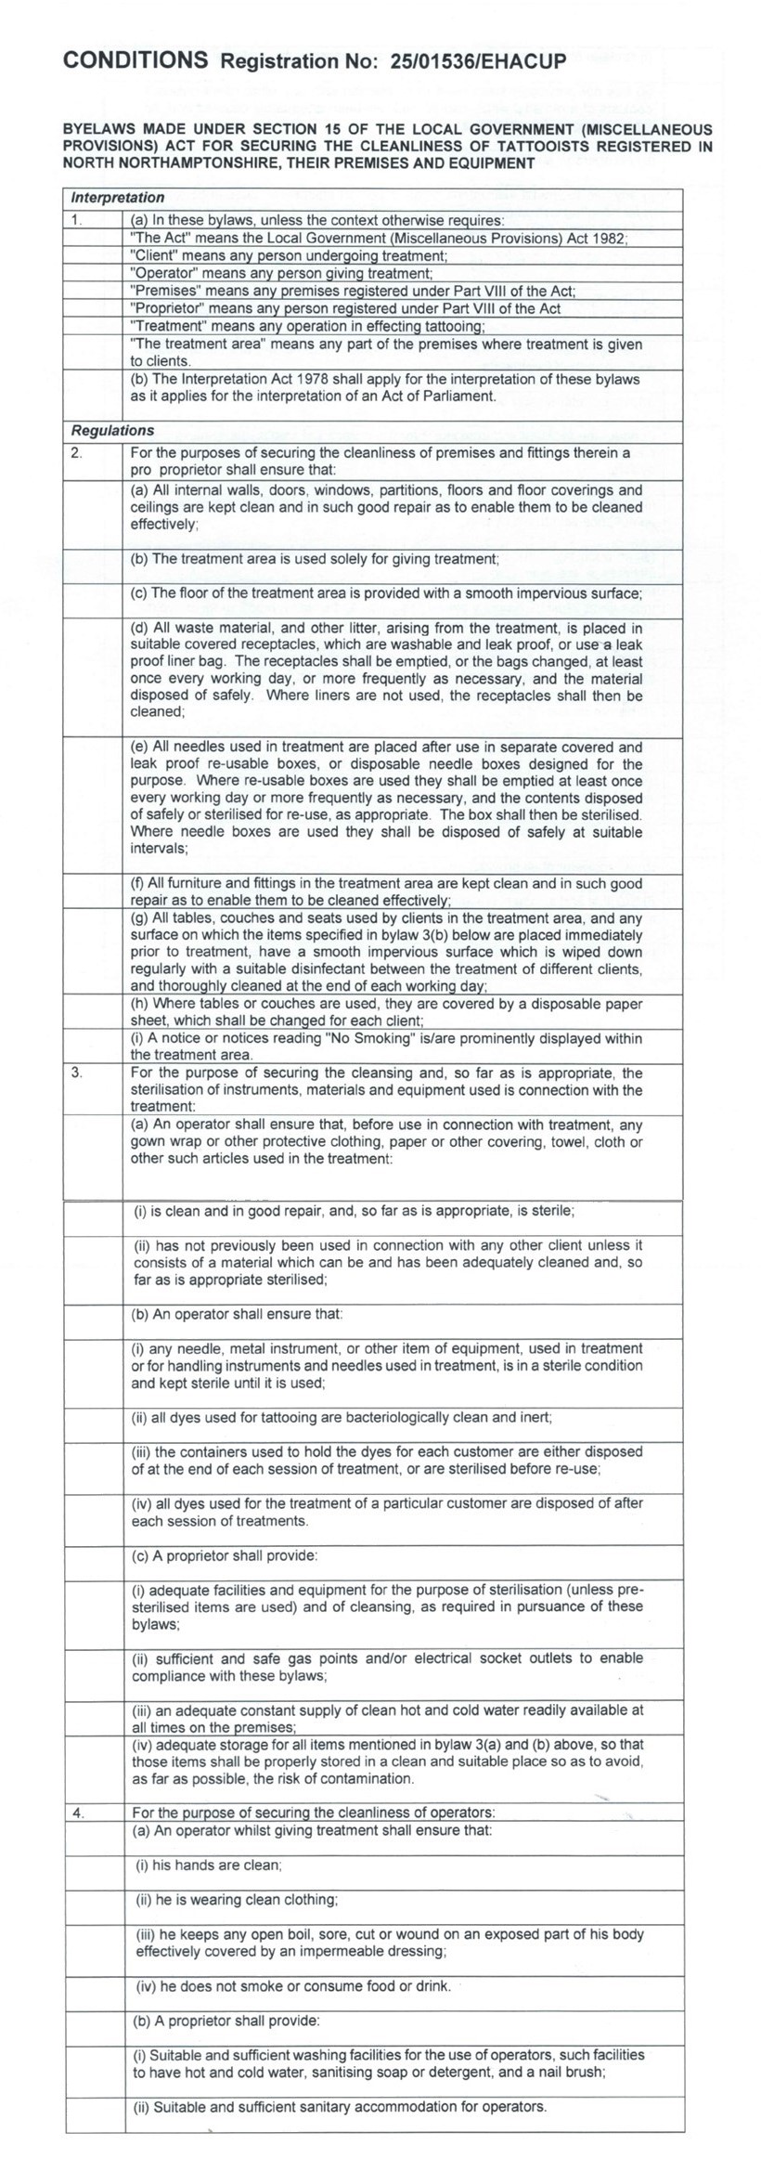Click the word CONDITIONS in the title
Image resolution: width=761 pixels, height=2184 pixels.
135,60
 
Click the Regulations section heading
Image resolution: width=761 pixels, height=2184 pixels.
112,431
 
